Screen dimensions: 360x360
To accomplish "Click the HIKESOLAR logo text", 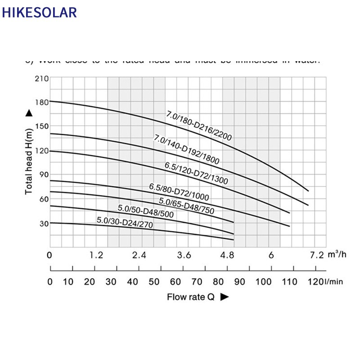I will (x=39, y=12).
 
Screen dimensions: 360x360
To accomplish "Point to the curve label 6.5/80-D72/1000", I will (x=179, y=191).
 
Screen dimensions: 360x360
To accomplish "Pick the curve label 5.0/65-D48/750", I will (x=186, y=205).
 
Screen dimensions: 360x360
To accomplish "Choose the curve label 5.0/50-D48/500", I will (x=145, y=211).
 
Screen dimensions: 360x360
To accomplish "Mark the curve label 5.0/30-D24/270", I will (x=122, y=223).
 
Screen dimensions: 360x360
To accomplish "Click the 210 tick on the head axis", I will (x=41, y=78).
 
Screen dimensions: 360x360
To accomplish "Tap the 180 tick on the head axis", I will (x=41, y=102).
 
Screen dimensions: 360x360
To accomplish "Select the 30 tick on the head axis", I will (x=43, y=223).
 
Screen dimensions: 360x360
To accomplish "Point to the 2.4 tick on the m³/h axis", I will (x=139, y=255).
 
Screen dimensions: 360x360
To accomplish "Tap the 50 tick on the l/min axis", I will (x=154, y=282).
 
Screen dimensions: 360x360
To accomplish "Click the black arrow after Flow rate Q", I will (x=225, y=297).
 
